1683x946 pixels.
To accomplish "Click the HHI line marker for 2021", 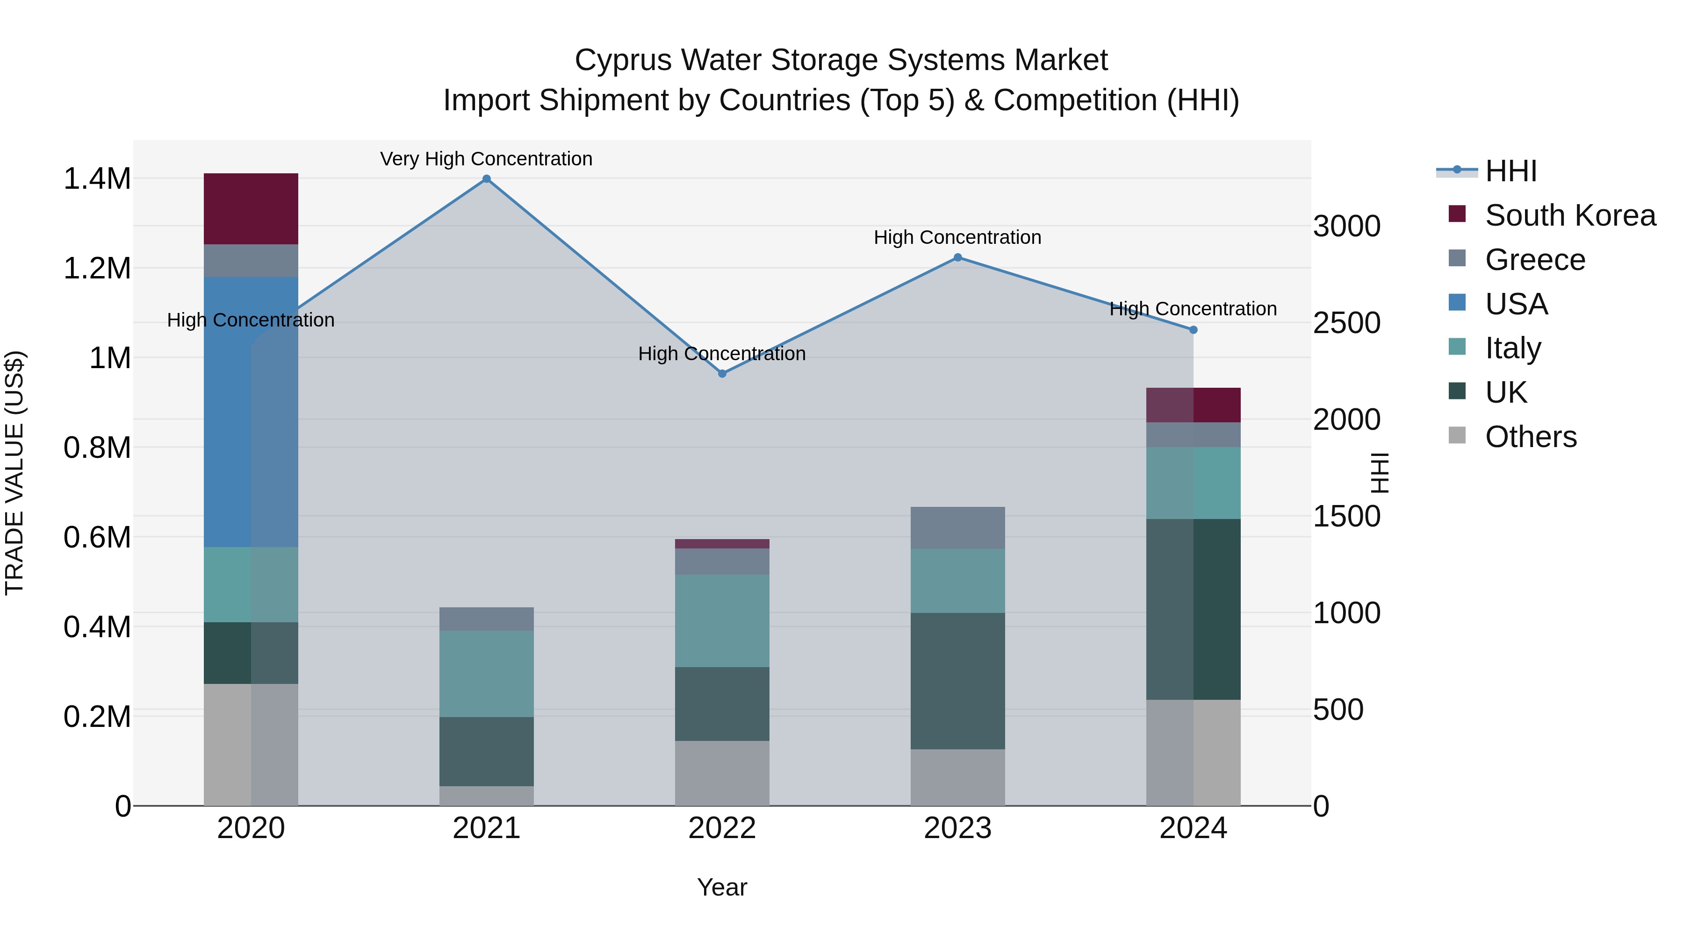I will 486,179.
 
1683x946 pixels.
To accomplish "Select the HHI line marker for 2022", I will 722,373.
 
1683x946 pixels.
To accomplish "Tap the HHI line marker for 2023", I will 958,257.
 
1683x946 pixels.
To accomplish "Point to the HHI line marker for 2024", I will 1193,330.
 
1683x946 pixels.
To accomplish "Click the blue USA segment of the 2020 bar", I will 251,411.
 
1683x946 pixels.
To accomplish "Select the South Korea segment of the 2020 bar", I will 251,209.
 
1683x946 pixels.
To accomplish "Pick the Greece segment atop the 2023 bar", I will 958,527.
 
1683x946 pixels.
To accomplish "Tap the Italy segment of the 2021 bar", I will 486,673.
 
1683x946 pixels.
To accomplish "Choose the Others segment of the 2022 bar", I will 722,773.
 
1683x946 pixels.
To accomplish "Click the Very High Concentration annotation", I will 486,159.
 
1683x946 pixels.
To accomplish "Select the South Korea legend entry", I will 1570,215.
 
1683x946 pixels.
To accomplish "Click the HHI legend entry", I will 1510,171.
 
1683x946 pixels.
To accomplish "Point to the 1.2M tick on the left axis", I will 97,268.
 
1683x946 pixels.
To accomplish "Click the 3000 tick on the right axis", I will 1346,227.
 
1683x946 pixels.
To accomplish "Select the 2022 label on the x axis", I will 722,828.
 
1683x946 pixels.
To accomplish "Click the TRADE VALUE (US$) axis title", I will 14,473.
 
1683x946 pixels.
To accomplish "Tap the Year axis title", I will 722,887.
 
